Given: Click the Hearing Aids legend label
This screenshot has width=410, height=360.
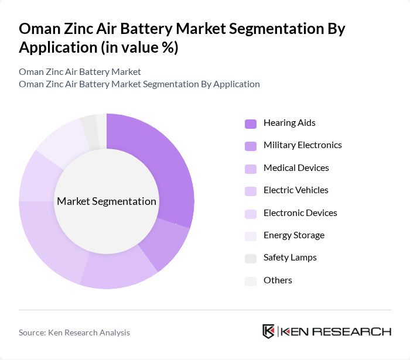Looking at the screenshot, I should pos(289,123).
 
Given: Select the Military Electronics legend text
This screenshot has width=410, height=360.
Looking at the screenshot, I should pos(302,145).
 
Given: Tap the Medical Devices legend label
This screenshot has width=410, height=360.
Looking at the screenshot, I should pos(296,168).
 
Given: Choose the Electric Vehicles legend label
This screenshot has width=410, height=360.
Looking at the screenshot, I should pos(296,190).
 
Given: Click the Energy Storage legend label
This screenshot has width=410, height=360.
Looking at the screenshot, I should pos(293,235).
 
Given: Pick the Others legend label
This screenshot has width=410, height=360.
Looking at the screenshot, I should pos(278,280).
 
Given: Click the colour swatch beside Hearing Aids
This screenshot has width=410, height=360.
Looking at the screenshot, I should pos(250,124).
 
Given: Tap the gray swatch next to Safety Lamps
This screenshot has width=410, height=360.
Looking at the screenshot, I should pos(250,258).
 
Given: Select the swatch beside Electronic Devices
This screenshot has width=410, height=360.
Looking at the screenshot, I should pos(250,213).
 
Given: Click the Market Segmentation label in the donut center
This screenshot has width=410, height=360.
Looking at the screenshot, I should pos(107,201).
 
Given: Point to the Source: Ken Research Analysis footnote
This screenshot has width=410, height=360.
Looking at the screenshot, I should pos(74,332).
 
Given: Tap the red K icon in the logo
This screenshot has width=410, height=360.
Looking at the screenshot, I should pos(268,331).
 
